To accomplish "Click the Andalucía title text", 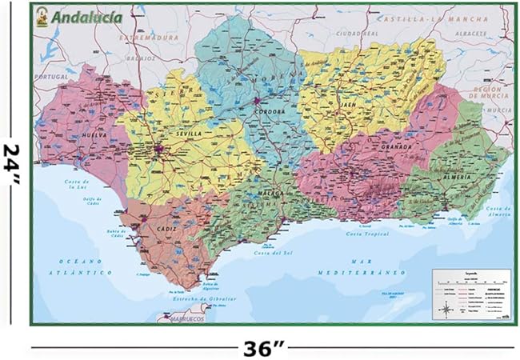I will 86,15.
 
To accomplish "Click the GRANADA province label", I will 397,147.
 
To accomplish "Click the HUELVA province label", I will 79,135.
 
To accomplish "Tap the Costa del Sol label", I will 272,253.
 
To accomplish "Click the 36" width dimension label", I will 264,348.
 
